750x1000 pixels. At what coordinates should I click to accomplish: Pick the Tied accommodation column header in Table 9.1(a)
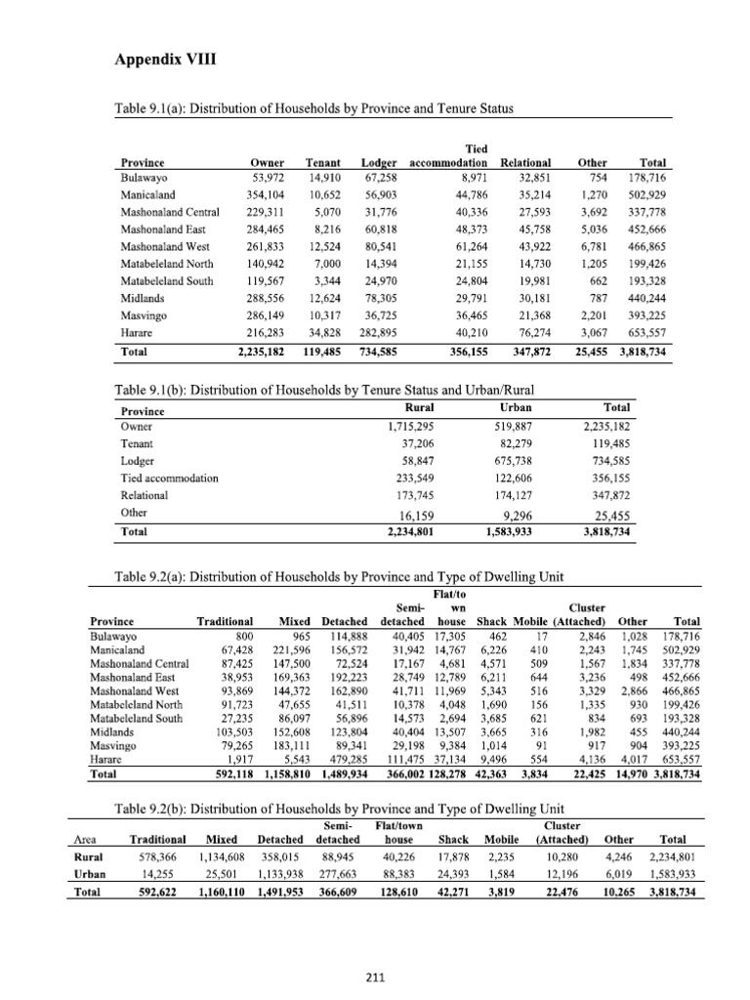(448, 156)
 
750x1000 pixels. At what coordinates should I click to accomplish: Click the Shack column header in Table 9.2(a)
(491, 621)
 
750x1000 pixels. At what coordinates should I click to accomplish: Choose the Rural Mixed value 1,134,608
(220, 857)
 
